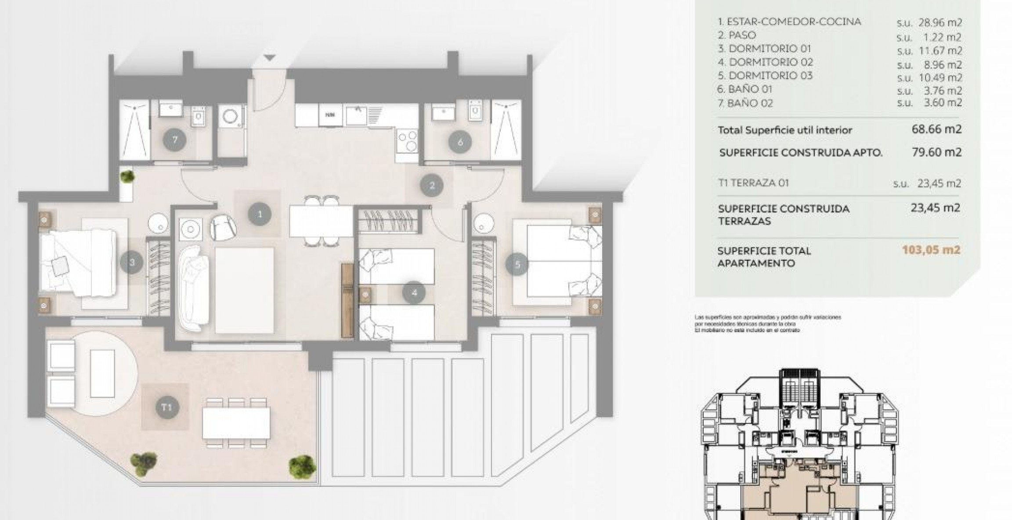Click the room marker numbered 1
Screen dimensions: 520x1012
[x=260, y=214]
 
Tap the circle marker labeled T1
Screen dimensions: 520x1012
[x=166, y=407]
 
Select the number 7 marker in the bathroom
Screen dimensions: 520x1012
[x=174, y=140]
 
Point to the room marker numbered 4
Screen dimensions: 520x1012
[x=415, y=292]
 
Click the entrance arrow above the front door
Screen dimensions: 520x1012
[x=269, y=57]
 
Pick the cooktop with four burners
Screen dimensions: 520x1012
[x=407, y=140]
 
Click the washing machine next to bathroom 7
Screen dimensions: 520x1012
[x=231, y=117]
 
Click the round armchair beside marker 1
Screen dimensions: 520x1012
[x=223, y=228]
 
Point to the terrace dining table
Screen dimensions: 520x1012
[x=236, y=423]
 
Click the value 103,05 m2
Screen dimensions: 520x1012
[x=931, y=250]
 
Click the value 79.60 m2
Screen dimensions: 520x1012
[x=936, y=152]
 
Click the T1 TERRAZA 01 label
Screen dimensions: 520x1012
[x=753, y=183]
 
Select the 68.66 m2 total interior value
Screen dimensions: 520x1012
[x=936, y=129]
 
